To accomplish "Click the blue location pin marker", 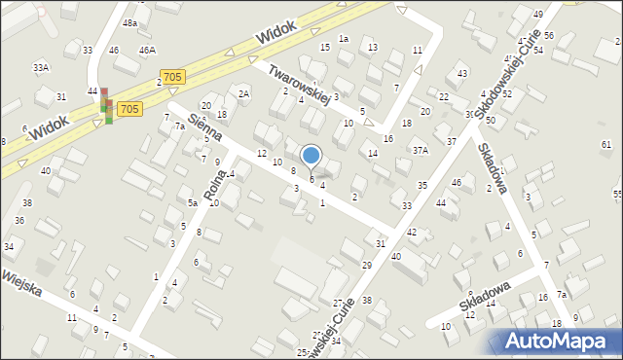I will (311, 157).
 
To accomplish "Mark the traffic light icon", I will (105, 107).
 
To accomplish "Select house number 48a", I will (129, 22).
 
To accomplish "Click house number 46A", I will (147, 50).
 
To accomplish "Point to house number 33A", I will (41, 67).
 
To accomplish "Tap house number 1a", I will (344, 38).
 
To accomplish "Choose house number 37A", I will (420, 150).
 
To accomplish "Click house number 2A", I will (244, 93).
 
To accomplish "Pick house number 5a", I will (193, 202).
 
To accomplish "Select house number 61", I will (606, 144).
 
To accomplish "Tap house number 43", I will (462, 74).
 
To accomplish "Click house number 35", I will (421, 185).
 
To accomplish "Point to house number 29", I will (367, 265).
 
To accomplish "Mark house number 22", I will (444, 96).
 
